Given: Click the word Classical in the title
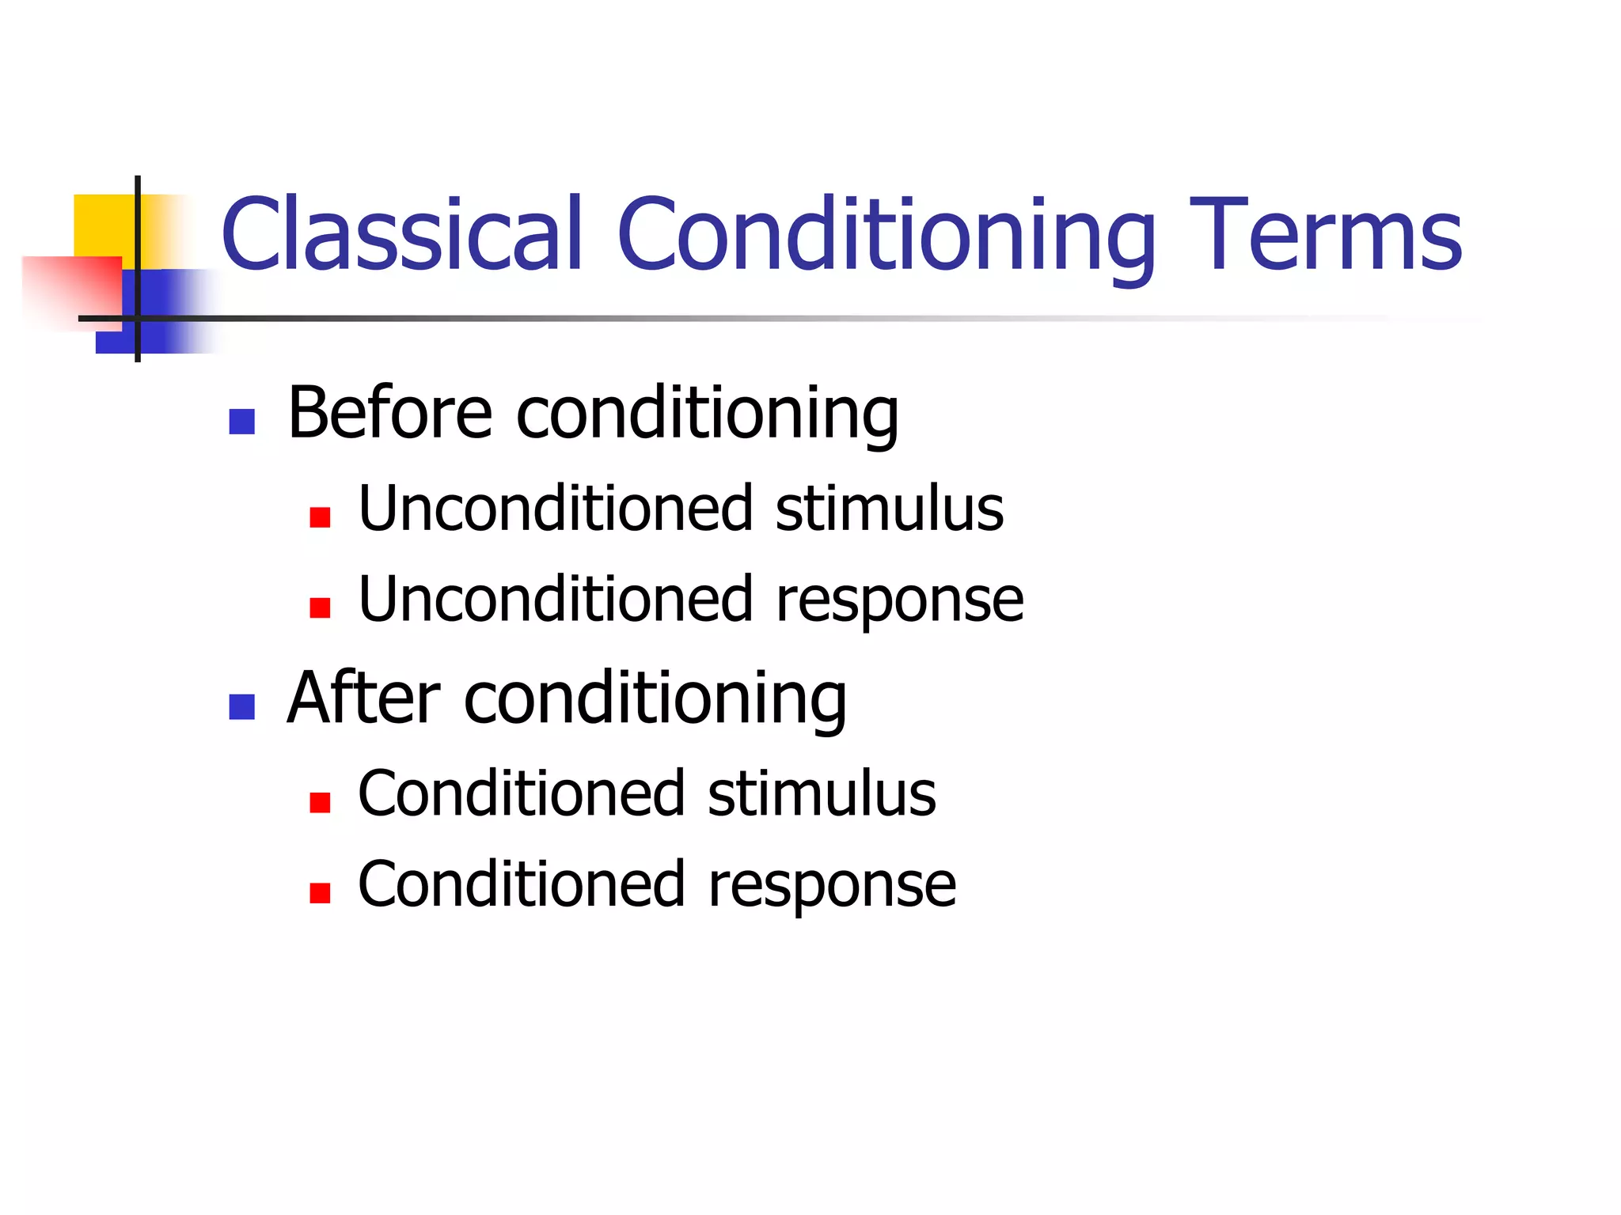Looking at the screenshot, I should tap(402, 235).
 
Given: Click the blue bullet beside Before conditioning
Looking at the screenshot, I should tap(241, 422).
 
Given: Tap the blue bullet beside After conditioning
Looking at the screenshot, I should tap(241, 706).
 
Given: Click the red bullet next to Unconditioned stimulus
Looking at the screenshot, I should tap(320, 517).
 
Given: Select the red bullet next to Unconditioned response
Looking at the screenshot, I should tap(320, 607).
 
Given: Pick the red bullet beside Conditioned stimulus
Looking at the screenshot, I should tap(320, 803).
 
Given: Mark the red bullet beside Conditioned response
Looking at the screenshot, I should tap(320, 893).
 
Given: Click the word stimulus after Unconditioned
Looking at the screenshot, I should tap(889, 509).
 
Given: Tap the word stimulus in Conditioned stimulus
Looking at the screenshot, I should tap(822, 793).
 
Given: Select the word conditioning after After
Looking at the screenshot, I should tap(655, 698).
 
